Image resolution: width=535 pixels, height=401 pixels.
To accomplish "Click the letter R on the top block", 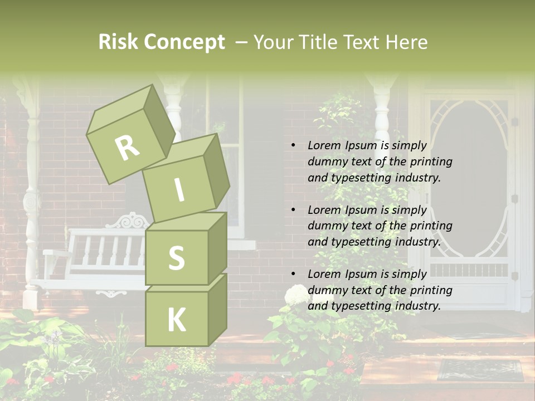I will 128,148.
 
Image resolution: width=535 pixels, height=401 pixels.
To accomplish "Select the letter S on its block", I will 176,258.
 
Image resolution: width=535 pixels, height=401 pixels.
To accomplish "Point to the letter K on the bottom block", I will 176,320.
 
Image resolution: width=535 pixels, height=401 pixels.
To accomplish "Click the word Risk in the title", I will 118,42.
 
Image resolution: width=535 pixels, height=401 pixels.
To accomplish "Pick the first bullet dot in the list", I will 293,145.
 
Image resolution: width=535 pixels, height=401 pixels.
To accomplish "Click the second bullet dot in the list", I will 293,210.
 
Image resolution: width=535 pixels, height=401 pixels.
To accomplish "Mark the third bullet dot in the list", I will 293,274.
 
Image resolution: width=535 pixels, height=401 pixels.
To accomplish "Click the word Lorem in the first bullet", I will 324,145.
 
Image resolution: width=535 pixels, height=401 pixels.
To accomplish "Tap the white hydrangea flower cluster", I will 295,295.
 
